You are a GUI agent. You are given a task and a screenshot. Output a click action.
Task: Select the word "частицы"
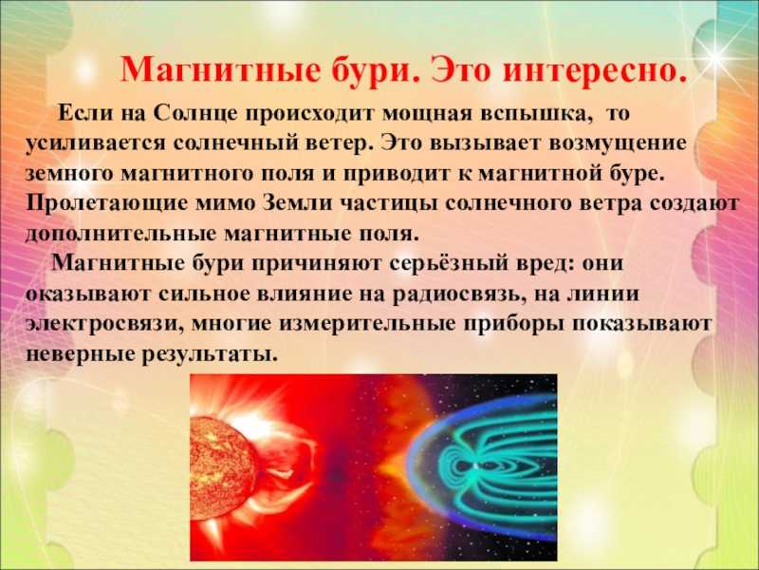388,203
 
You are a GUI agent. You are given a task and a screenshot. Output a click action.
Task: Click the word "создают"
694,204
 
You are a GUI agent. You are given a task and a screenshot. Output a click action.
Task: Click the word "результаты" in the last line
209,354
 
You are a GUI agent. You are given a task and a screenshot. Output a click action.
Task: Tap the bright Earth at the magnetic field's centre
478,465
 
